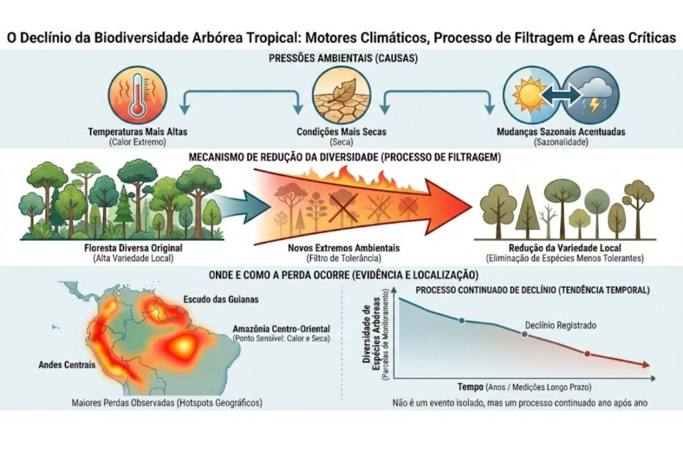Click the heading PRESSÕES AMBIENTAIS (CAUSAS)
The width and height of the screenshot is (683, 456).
342,59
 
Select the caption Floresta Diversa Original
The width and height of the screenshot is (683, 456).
95,248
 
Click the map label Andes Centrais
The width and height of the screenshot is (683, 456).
67,364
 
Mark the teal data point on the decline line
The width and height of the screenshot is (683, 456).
462,320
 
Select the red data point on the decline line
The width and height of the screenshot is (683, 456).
587,354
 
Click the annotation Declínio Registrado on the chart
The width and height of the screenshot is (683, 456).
561,325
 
